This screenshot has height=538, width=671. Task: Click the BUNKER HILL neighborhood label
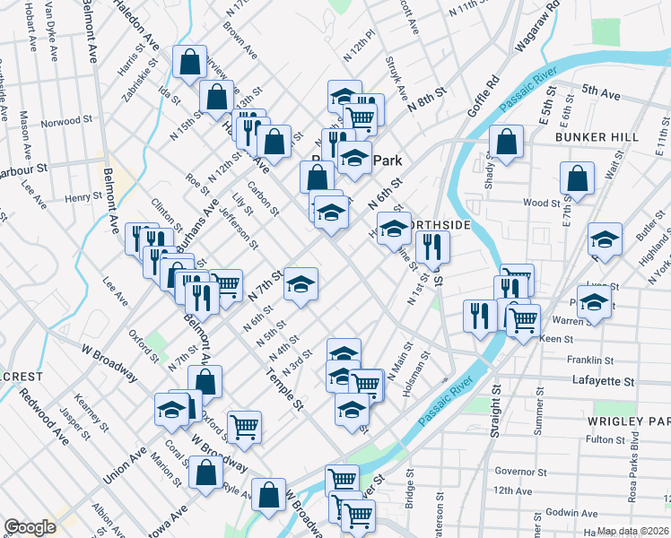[597, 137]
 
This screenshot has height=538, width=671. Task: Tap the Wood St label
[543, 203]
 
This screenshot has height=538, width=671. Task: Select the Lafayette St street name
[603, 381]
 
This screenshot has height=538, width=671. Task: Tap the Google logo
[29, 527]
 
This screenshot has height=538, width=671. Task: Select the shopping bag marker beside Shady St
[507, 142]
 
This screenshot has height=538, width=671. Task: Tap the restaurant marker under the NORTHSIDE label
[433, 245]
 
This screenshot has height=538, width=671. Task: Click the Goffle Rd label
[482, 101]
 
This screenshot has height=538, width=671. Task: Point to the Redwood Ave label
[44, 419]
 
